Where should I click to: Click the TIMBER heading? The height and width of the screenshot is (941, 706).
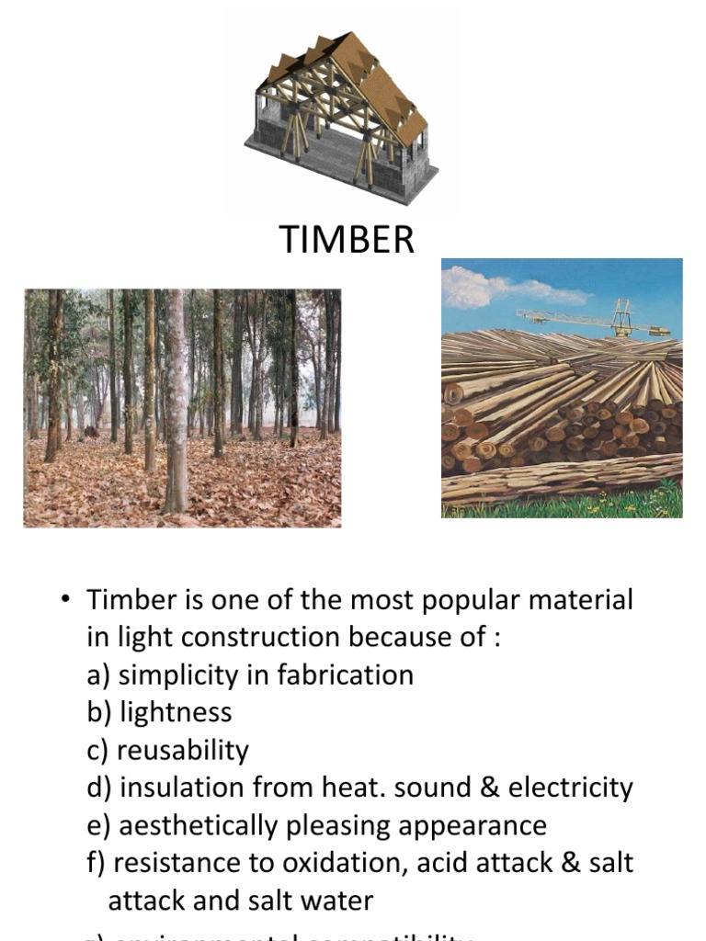click(x=347, y=240)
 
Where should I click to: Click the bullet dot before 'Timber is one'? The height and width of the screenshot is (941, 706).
click(x=65, y=601)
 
